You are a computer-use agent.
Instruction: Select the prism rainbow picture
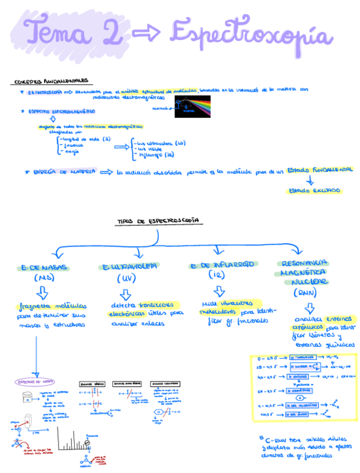click(x=192, y=106)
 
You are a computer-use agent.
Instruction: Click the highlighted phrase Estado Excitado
click(x=314, y=191)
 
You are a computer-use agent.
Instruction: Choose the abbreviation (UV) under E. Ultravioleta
click(x=128, y=278)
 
